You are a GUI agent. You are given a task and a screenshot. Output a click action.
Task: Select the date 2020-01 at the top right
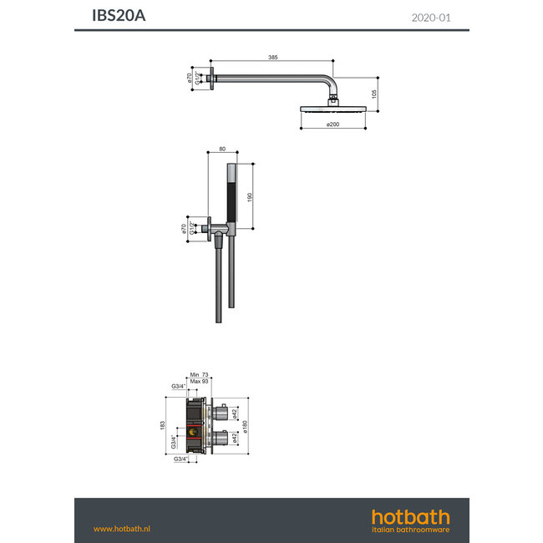pos(432,16)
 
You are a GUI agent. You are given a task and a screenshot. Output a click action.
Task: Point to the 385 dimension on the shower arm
pos(272,57)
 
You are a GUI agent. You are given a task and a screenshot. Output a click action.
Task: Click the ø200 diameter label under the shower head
pos(332,125)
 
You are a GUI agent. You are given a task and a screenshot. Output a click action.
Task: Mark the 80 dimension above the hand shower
pos(221,150)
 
